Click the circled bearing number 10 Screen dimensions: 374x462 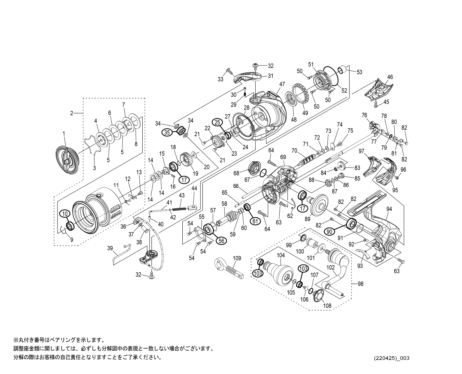(65, 213)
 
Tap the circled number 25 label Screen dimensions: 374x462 (218, 122)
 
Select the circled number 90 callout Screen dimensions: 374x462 (330, 231)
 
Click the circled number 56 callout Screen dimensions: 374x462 (221, 240)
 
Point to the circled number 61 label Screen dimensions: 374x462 (256, 221)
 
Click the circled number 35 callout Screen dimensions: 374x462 (167, 132)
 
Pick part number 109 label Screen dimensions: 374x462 (237, 258)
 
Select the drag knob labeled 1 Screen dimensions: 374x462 (67, 160)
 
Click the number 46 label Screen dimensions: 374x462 (390, 77)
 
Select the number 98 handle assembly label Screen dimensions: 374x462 (360, 284)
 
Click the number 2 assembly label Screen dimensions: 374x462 (71, 113)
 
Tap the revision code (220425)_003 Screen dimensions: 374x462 (392, 358)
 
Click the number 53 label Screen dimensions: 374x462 (359, 72)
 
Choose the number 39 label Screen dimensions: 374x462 (110, 248)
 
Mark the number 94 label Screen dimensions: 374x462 (389, 209)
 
